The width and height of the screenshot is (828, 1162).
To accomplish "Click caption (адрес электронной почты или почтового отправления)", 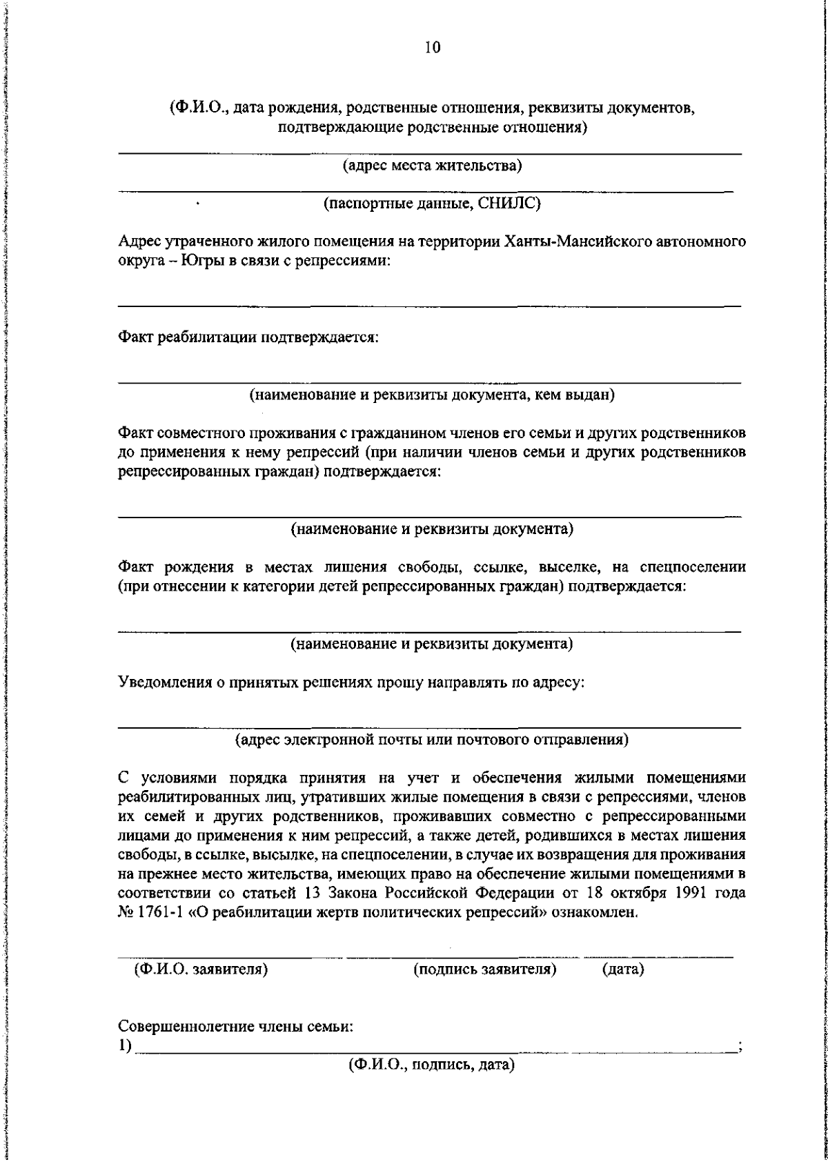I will tap(432, 740).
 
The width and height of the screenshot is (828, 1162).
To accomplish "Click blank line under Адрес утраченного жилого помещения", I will tap(429, 304).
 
